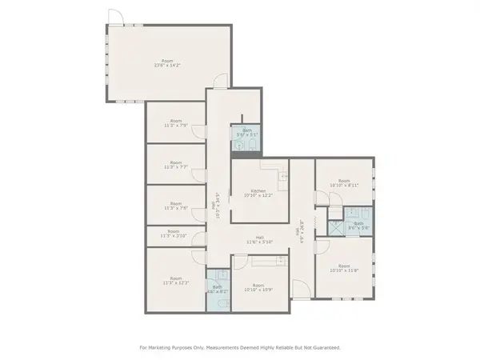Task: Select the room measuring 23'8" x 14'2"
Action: [x=166, y=64]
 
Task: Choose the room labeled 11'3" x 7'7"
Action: [x=175, y=166]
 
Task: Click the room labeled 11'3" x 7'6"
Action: [x=175, y=206]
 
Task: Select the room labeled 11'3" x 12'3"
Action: [x=175, y=281]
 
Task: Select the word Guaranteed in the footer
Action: [x=325, y=348]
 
